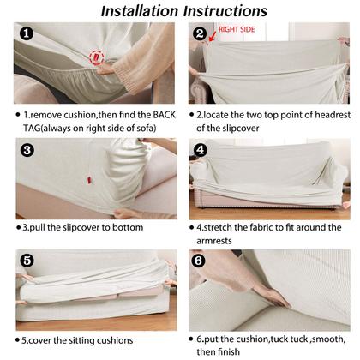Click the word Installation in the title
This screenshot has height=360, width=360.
[140, 11]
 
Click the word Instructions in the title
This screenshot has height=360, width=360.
[225, 11]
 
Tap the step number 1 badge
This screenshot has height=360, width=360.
[27, 33]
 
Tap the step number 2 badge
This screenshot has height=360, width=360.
[200, 33]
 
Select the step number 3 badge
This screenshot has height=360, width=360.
[27, 150]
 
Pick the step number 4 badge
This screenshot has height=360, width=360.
[201, 150]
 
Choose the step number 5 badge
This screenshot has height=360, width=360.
[27, 261]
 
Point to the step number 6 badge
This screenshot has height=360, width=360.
[199, 261]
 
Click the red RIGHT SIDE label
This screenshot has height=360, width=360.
[237, 29]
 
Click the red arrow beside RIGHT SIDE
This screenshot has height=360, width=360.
[213, 37]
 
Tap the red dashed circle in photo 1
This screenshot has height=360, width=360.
[96, 57]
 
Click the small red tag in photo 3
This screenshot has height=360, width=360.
[90, 180]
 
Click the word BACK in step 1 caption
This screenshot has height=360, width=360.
[164, 115]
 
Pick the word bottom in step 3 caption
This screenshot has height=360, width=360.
[128, 227]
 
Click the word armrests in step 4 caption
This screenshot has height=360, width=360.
[214, 241]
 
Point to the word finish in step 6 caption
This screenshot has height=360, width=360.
[229, 351]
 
